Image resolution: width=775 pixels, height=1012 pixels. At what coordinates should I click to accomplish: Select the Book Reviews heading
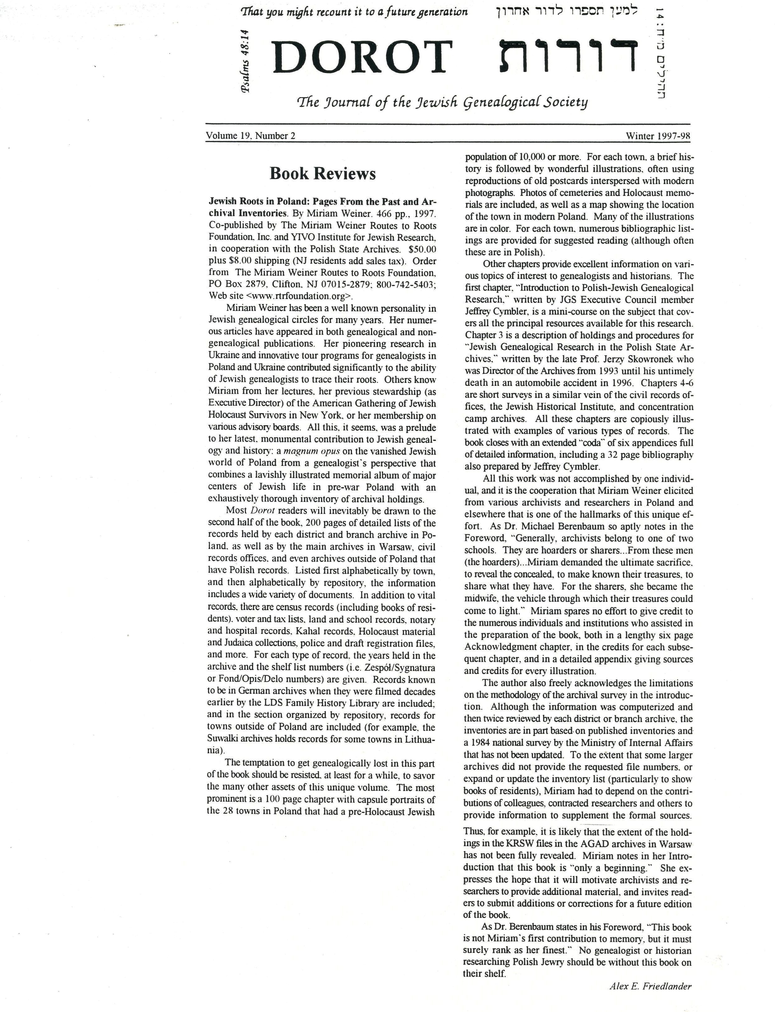tap(323, 174)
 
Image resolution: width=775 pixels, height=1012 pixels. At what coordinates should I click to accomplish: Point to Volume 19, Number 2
tap(250, 136)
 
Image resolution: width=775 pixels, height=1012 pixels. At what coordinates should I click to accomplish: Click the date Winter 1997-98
tap(658, 136)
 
